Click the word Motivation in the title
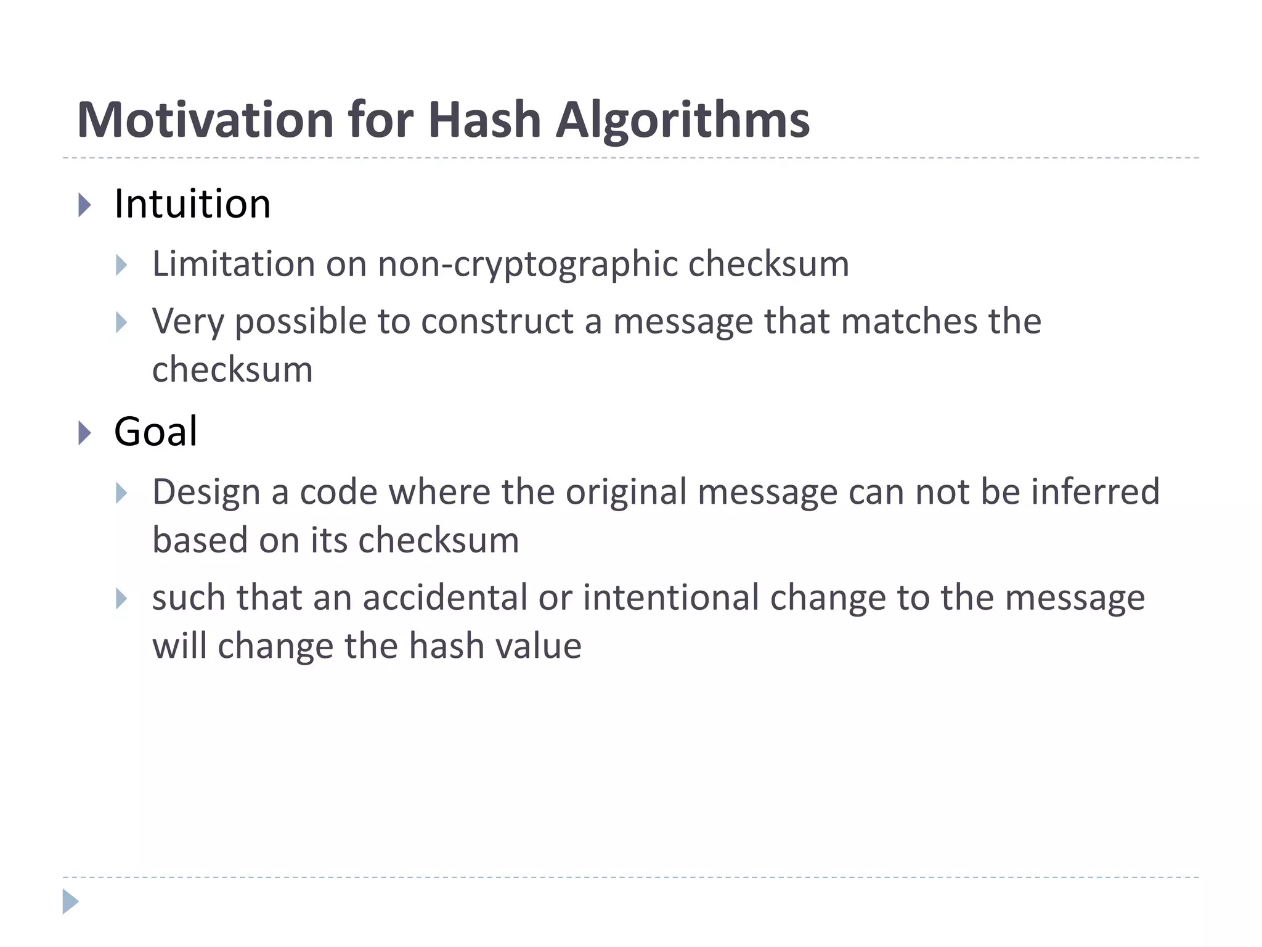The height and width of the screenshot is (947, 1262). tap(205, 120)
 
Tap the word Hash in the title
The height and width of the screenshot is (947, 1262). tap(484, 120)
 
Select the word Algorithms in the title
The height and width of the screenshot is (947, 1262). tap(682, 120)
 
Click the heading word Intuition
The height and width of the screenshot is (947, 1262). tap(192, 204)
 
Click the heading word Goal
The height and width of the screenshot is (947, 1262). tap(155, 432)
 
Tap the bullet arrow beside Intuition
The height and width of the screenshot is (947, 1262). tap(85, 205)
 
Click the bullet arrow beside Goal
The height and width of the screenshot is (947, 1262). tap(85, 433)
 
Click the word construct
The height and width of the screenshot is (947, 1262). tap(497, 322)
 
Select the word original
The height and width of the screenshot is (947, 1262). tap(625, 493)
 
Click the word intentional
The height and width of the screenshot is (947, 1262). tap(670, 598)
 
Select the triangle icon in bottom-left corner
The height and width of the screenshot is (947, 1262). tap(70, 901)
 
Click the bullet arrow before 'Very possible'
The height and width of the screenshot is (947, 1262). tap(121, 322)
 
